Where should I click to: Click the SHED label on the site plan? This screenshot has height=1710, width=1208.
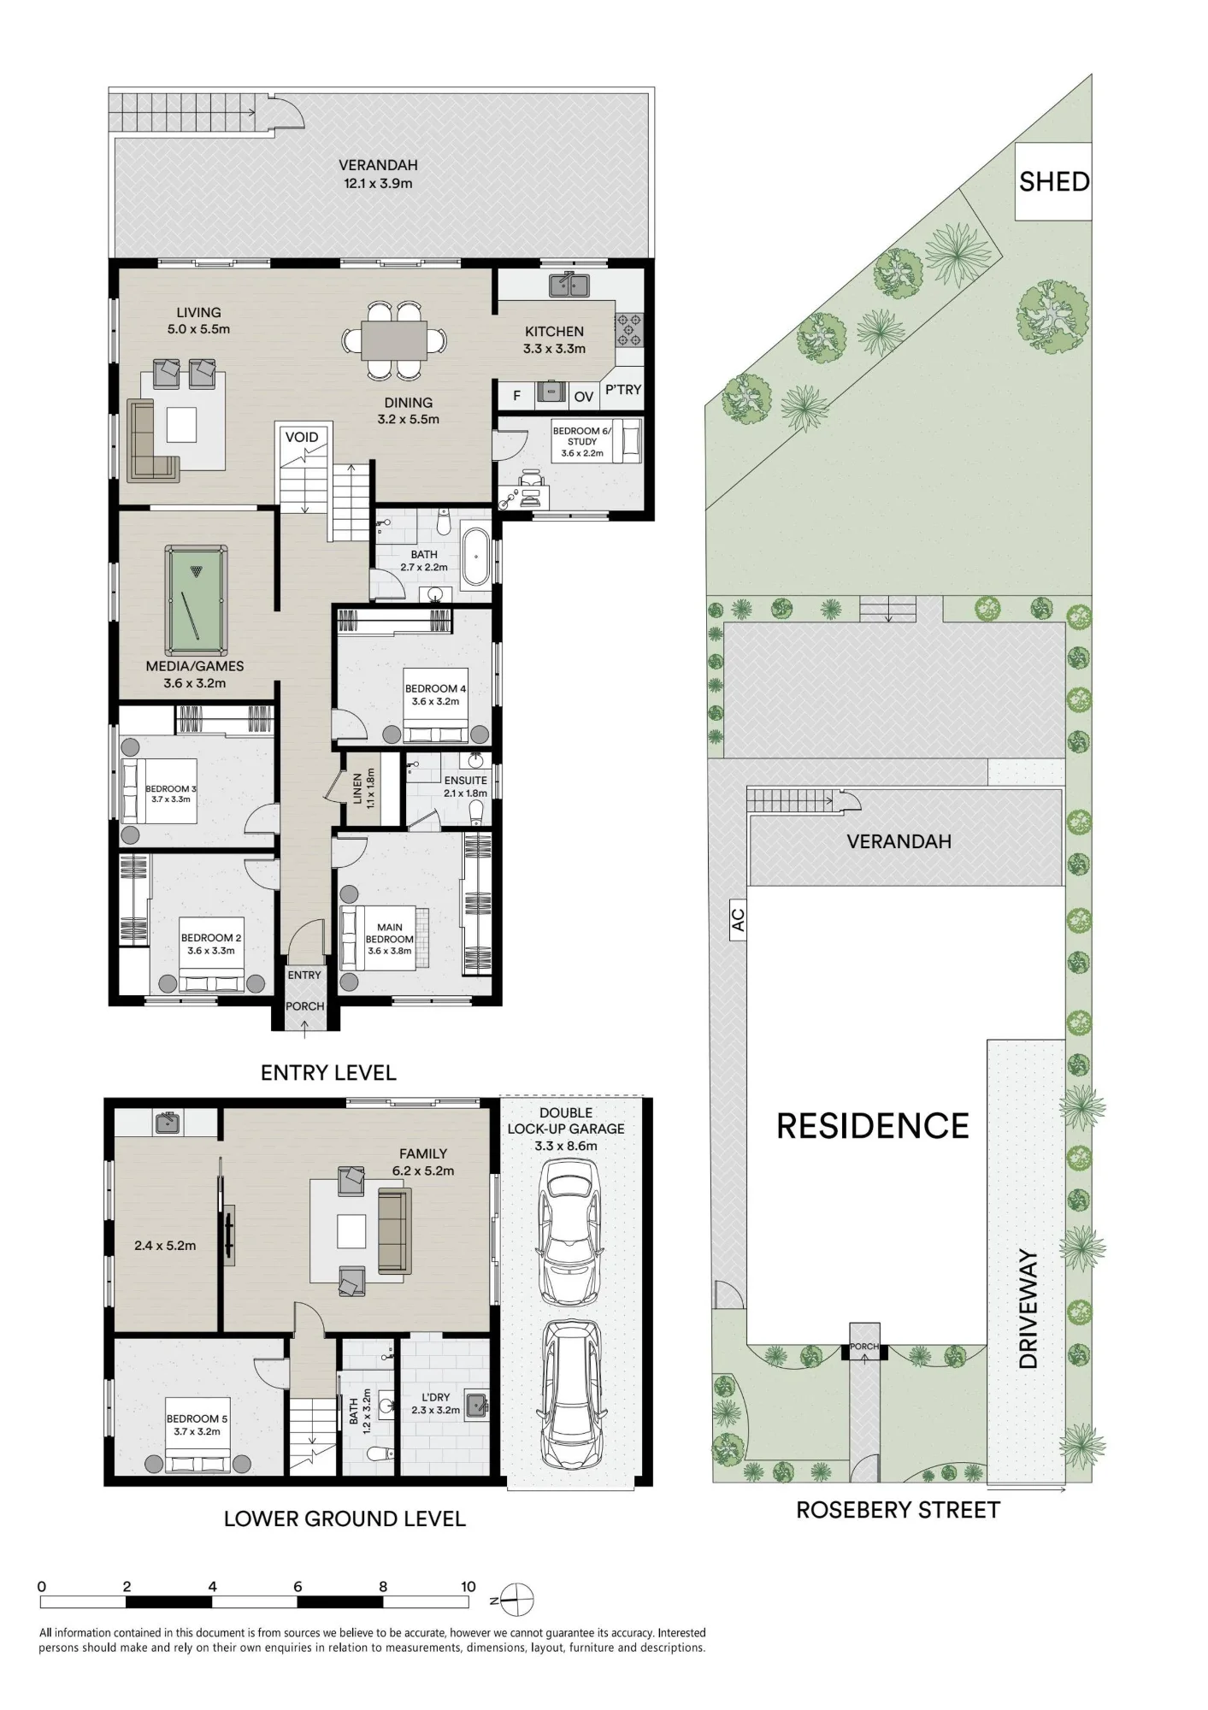point(1054,181)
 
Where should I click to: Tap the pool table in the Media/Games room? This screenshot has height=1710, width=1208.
point(196,593)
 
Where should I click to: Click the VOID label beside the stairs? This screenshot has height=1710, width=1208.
point(302,437)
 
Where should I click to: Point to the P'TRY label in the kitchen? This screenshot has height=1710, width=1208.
point(623,390)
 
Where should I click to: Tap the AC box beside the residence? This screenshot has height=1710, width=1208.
point(738,920)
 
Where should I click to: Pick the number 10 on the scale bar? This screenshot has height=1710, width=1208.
point(468,1586)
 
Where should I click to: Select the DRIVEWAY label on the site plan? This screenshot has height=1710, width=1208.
point(1028,1309)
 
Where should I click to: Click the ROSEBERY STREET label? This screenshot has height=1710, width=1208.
point(898,1510)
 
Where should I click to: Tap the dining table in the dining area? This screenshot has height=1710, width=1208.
point(394,340)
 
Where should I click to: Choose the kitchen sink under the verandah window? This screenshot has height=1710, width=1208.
point(569,284)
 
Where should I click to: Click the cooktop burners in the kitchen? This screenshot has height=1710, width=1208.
point(629,330)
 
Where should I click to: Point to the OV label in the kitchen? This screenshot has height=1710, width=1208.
point(584,397)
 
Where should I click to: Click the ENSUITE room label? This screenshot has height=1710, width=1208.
point(465,781)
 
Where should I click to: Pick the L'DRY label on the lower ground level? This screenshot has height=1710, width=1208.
point(435,1397)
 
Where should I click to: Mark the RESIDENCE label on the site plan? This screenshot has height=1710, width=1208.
point(873,1126)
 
